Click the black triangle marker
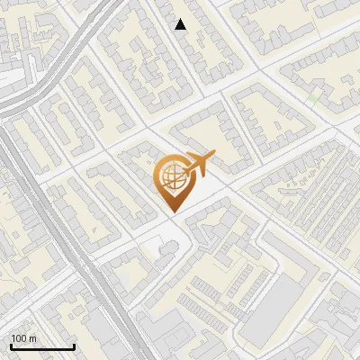click(x=181, y=24)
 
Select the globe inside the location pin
click(x=170, y=179)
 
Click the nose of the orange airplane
click(x=212, y=155)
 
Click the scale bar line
click(x=42, y=347)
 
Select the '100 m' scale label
click(x=24, y=337)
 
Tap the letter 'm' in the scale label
click(x=32, y=337)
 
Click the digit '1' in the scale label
click(x=13, y=337)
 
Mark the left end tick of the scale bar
click(x=11, y=346)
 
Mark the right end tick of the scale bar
click(x=74, y=346)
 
